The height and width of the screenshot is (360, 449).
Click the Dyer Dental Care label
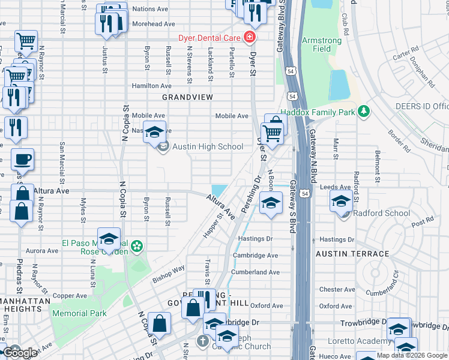209,38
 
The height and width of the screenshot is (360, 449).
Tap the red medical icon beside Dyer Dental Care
249,38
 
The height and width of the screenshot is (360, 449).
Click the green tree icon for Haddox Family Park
363,111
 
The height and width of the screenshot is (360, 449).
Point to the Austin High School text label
208,146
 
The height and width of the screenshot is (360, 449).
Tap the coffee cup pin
23,160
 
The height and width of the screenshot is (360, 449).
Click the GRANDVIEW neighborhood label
188,97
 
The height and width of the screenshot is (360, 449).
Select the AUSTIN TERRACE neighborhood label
352,254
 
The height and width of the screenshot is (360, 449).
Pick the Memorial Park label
79,313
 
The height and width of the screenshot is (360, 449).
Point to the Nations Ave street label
150,9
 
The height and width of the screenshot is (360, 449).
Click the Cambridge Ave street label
256,255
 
